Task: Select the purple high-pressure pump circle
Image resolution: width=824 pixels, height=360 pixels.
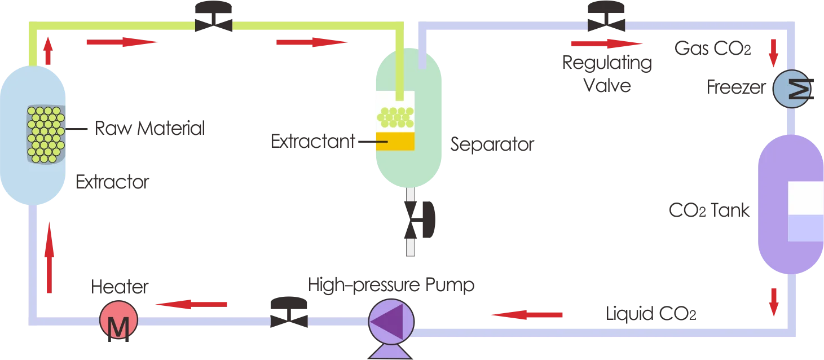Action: [x=391, y=323]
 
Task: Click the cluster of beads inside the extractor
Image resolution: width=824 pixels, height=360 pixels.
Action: [x=45, y=134]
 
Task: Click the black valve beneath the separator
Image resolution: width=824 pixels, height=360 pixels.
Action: [x=420, y=217]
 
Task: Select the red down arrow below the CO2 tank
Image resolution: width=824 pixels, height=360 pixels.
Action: [x=773, y=300]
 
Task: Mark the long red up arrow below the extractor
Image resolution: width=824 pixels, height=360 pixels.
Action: [x=49, y=257]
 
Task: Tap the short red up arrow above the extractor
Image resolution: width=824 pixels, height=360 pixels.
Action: [x=49, y=51]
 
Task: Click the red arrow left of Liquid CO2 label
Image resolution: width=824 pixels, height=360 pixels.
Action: [x=525, y=315]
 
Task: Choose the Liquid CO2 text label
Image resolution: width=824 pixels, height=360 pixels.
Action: [x=651, y=311]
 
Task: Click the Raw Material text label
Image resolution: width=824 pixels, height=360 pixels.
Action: [x=150, y=128]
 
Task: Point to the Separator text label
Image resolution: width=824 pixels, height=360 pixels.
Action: [x=492, y=146]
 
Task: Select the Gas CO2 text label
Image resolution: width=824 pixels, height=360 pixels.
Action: [x=713, y=50]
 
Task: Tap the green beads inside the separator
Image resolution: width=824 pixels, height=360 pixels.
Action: [x=394, y=117]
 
